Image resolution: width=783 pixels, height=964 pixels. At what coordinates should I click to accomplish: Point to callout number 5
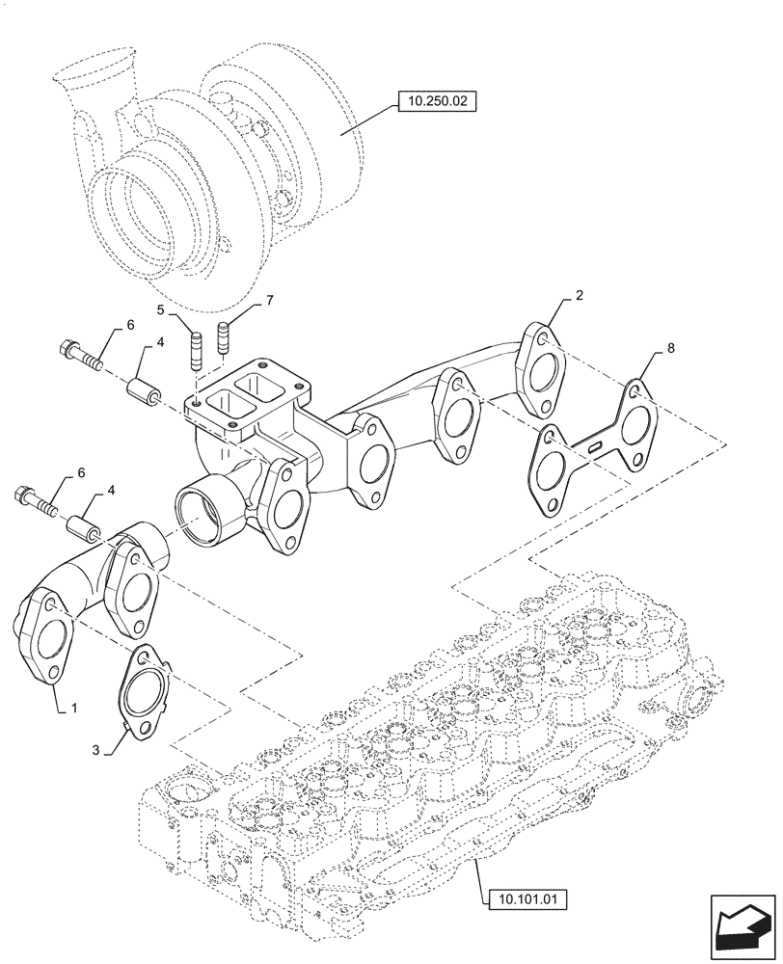point(163,309)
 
